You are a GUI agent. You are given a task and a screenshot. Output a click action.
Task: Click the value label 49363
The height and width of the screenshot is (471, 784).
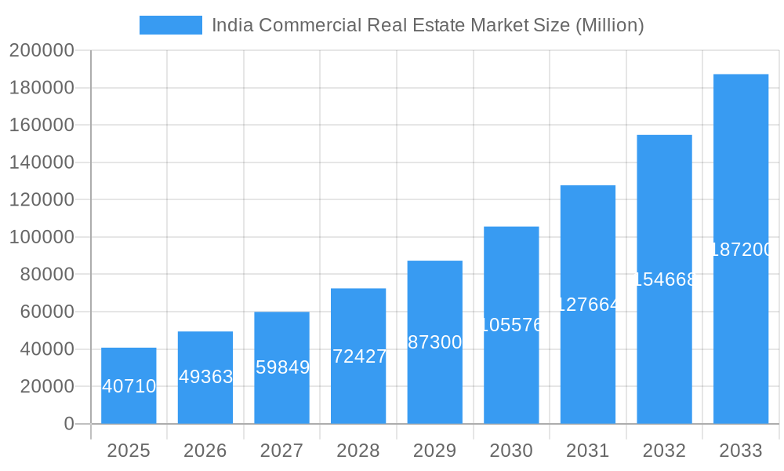tap(205, 377)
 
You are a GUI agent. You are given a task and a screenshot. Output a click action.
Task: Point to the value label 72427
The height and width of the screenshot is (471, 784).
tap(359, 356)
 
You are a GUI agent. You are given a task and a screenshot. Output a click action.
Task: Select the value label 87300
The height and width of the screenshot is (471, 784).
tap(435, 342)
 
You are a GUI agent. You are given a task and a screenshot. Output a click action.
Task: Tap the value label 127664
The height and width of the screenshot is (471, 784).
tap(588, 305)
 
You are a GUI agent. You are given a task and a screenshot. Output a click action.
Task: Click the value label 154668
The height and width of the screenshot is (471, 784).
tap(664, 279)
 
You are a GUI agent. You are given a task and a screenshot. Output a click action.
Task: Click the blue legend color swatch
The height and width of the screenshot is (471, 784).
tap(170, 25)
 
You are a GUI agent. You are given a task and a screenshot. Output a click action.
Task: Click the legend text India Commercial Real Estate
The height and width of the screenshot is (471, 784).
tap(427, 25)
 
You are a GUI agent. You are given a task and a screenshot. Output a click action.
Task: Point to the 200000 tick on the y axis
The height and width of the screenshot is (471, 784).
tap(42, 51)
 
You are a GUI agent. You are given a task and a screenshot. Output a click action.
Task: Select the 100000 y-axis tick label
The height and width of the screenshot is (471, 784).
tap(42, 237)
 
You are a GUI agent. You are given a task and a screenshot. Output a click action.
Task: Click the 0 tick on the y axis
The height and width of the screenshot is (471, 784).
tap(68, 424)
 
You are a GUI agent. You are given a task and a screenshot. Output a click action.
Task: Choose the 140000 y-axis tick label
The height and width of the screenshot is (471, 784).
tap(42, 162)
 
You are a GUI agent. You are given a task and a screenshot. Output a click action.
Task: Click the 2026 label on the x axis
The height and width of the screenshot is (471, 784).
tap(205, 451)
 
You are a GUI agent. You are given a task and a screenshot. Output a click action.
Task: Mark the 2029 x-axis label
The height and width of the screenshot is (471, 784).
tap(435, 451)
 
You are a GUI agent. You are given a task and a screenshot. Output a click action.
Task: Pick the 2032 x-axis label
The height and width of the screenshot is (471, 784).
tap(664, 451)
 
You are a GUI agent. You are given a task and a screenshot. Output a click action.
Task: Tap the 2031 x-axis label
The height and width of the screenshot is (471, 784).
tap(588, 451)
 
